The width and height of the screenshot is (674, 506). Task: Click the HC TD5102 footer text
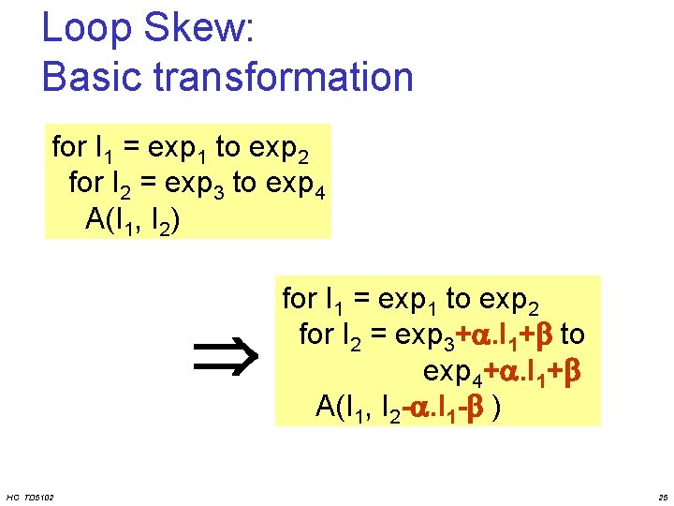[29, 496]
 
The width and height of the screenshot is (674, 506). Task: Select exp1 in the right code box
[408, 300]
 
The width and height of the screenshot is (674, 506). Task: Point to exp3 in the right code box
[426, 335]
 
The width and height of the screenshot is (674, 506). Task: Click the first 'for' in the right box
[300, 300]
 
